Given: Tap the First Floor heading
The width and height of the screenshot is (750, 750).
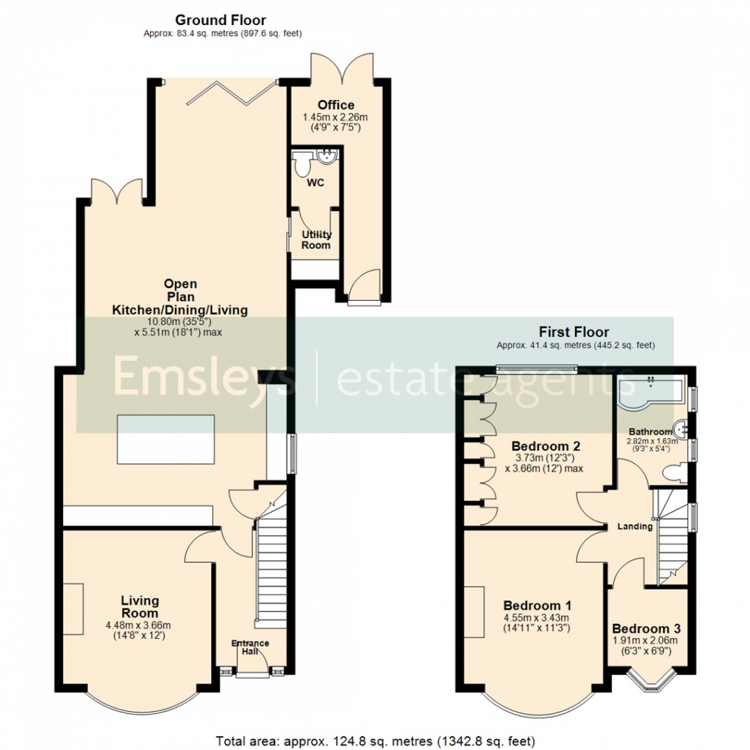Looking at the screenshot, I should tap(574, 332).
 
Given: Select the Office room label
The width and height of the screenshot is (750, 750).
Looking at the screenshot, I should tap(336, 105).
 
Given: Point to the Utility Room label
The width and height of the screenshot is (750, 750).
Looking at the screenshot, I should tap(316, 240).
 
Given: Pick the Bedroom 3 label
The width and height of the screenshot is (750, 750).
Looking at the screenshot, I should tap(646, 629).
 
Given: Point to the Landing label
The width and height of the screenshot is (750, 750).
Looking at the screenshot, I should tap(635, 526).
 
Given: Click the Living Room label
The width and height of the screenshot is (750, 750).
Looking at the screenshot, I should tap(140, 607).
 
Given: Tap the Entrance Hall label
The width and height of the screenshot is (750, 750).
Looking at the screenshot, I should tap(251, 644).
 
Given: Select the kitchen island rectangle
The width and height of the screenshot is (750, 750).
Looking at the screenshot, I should tap(165, 440).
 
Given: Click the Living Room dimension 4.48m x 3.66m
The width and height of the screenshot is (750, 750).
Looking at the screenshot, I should tap(140, 626).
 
